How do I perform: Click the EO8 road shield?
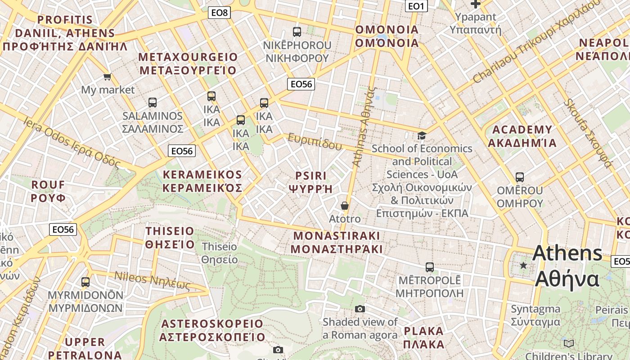coord(220,13)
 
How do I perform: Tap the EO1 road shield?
coord(416,6)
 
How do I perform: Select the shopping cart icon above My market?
coord(107,77)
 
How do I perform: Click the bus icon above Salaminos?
coord(153,103)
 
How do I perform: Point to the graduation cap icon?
coord(422,135)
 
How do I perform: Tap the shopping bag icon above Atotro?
coord(345,206)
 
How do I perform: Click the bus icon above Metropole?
coord(430,267)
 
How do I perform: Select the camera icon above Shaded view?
coord(360,309)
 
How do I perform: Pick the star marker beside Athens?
coord(523,265)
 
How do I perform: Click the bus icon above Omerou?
coord(520,177)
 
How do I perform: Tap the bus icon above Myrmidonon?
coord(85,282)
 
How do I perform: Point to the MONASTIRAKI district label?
coord(337,242)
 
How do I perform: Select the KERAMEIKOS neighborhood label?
coord(202,181)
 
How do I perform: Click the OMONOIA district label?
coord(387,36)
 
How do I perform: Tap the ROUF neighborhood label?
coord(48,191)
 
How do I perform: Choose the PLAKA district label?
coord(424,337)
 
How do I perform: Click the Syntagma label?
coord(535,315)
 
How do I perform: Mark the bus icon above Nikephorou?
coord(297,32)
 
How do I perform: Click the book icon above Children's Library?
coord(569,343)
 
